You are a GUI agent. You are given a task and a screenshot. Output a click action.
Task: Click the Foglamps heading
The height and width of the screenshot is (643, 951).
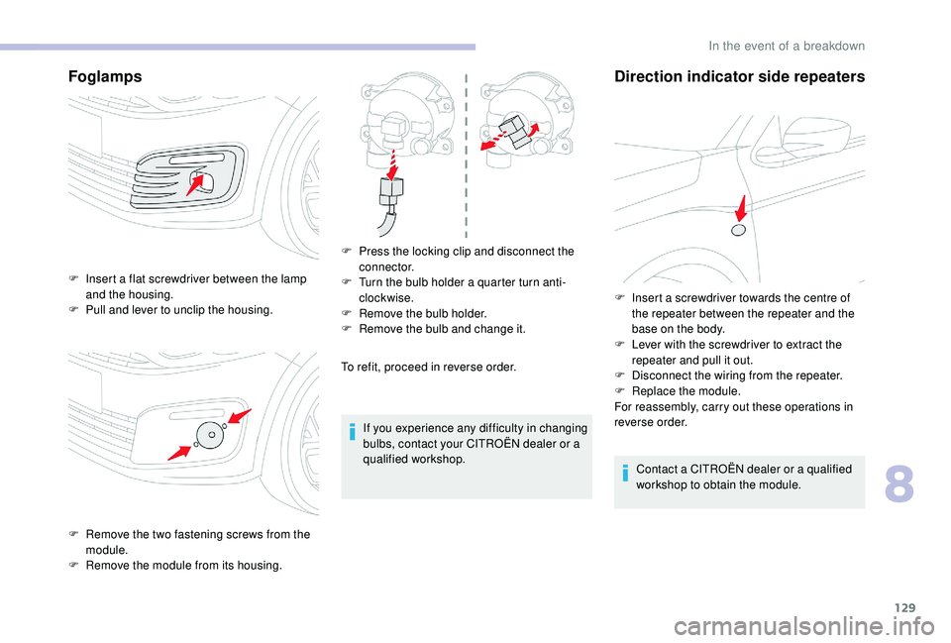point(104,76)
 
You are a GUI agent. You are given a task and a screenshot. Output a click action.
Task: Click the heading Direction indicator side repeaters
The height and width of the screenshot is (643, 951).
point(740,76)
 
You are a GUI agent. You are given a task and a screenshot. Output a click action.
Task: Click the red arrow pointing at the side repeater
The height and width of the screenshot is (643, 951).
point(741,207)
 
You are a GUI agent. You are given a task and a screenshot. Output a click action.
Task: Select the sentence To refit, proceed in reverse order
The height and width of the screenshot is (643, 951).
point(428,367)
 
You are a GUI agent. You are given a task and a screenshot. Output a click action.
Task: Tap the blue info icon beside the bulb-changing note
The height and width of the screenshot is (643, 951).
point(353,429)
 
